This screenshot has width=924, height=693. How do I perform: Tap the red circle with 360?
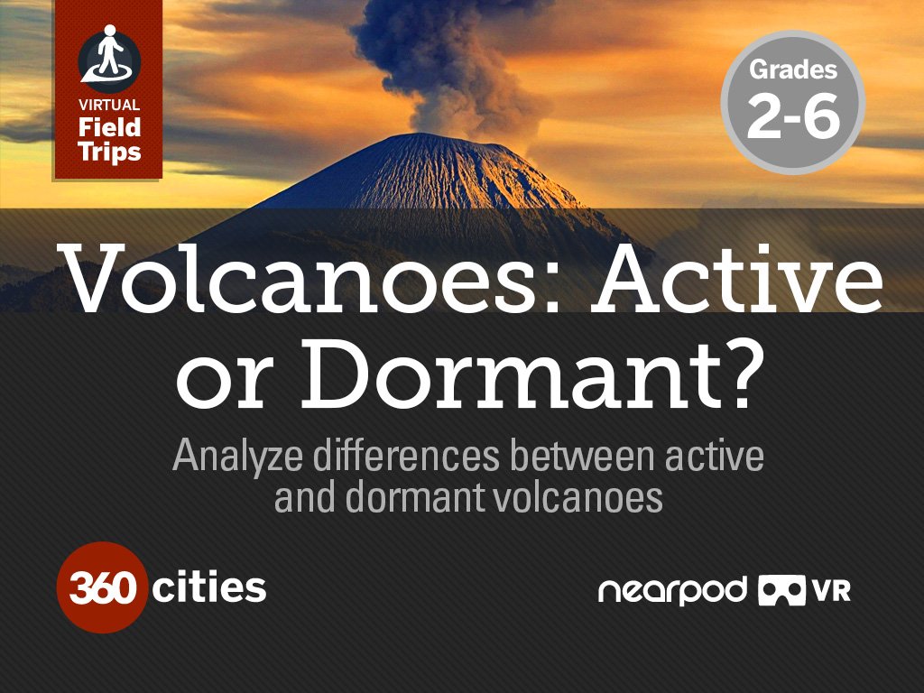(101, 587)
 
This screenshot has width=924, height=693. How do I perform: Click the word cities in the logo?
(209, 588)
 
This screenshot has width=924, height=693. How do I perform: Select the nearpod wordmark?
(672, 591)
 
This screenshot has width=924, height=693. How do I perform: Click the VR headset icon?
(781, 591)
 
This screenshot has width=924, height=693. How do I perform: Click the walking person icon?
(109, 53)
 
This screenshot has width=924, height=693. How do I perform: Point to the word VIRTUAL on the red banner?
(109, 105)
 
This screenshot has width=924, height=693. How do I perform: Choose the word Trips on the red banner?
(109, 151)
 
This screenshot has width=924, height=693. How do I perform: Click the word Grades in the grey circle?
(793, 69)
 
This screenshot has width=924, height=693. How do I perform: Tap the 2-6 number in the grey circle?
(793, 117)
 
